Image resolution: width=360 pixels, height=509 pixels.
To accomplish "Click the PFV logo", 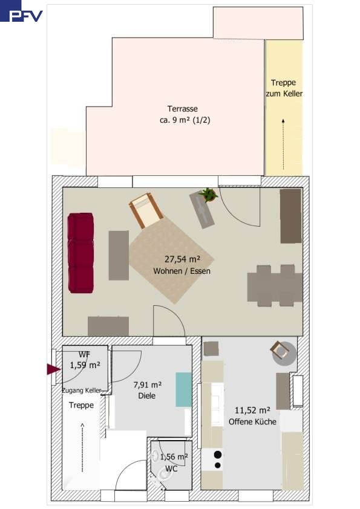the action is click(21, 11).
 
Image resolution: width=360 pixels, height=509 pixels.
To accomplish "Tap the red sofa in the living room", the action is click(80, 253).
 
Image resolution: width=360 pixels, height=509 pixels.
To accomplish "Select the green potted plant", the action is click(208, 195).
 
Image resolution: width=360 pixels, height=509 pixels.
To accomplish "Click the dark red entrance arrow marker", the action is click(54, 369).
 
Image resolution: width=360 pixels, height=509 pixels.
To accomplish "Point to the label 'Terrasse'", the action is click(183, 109).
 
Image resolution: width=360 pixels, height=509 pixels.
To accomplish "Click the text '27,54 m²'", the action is click(182, 259).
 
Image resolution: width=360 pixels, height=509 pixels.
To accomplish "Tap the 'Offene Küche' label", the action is click(252, 422).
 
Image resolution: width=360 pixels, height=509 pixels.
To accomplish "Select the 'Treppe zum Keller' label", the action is click(284, 88).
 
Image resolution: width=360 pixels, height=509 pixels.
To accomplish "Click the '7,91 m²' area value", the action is click(148, 385).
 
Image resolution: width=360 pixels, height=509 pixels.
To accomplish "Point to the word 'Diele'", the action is click(147, 396).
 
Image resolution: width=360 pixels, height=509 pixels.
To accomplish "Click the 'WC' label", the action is click(171, 468).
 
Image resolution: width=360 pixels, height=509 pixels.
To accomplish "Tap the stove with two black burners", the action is click(212, 459).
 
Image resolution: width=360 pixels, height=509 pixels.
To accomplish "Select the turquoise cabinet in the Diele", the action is click(183, 389).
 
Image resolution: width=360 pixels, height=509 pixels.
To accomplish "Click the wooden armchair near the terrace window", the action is click(146, 210).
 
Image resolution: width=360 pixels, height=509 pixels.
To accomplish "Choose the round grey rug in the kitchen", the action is click(284, 354).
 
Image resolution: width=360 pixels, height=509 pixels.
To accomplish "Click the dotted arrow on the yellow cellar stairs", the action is click(283, 144).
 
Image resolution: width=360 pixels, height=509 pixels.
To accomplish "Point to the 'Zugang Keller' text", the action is click(82, 391).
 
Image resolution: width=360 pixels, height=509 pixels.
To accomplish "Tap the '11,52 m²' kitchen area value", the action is click(252, 410).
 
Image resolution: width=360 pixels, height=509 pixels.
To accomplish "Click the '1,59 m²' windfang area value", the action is click(85, 365).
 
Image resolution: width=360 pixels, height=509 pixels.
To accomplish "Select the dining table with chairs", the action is click(275, 286).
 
